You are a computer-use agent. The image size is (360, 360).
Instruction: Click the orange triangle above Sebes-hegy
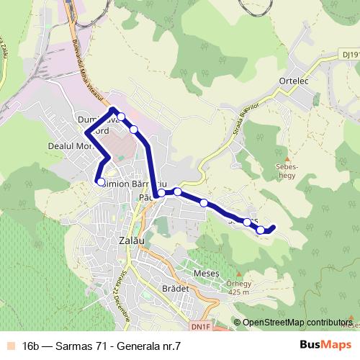288,158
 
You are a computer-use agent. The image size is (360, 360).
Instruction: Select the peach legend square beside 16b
10,346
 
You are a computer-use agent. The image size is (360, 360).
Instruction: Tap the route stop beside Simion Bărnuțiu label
101,182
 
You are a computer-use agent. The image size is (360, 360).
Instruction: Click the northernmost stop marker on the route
122,117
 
